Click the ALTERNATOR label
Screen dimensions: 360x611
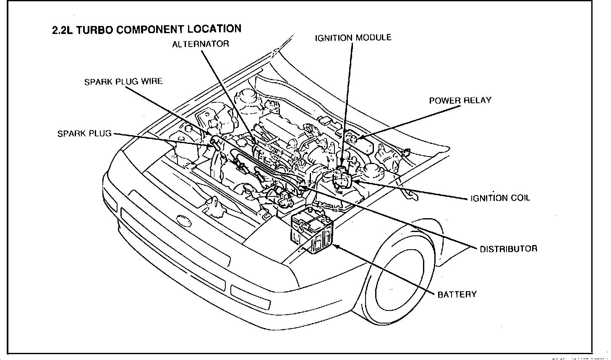pos(201,44)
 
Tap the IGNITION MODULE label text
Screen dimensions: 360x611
pos(353,38)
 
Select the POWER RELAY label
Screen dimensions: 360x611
pos(460,101)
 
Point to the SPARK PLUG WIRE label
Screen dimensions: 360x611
pos(123,82)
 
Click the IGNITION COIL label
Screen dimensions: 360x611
pos(500,198)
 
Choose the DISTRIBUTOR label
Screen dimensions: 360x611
pos(508,249)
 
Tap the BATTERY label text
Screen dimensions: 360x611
pos(457,295)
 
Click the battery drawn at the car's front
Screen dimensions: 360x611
pos(313,230)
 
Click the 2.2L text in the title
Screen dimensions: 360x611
pos(61,31)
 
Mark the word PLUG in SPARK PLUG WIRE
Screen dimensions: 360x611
pos(123,82)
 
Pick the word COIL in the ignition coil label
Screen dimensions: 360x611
pos(520,198)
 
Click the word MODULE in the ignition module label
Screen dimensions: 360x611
pos(373,38)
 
